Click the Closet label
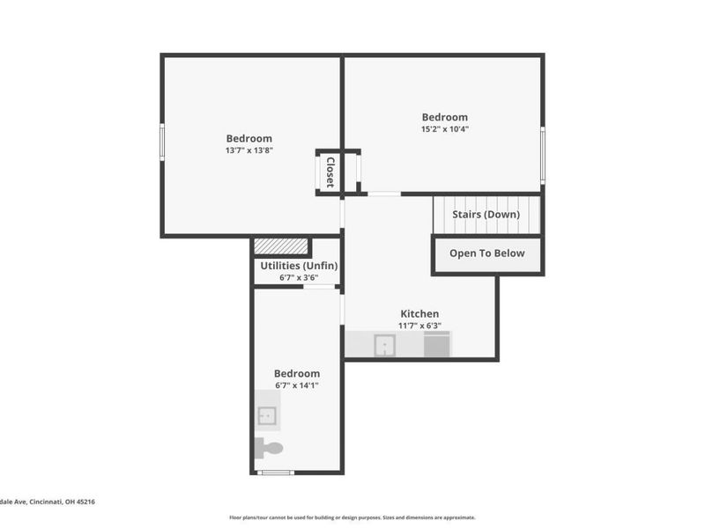[x=330, y=172]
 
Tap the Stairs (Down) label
[x=485, y=214]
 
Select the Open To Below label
[x=486, y=253]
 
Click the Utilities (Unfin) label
[x=299, y=266]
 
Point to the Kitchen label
[x=419, y=313]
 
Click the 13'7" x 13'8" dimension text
[x=249, y=150]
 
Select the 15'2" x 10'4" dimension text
[x=444, y=129]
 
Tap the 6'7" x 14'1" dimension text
[x=296, y=385]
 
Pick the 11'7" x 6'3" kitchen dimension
[x=419, y=326]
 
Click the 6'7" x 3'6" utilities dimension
[x=299, y=278]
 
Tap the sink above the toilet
[x=268, y=414]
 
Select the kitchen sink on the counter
[x=384, y=345]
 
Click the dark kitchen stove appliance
[x=437, y=344]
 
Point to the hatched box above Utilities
[x=281, y=247]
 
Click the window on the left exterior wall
[x=162, y=143]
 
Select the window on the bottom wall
[x=275, y=473]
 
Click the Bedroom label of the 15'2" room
[x=444, y=117]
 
